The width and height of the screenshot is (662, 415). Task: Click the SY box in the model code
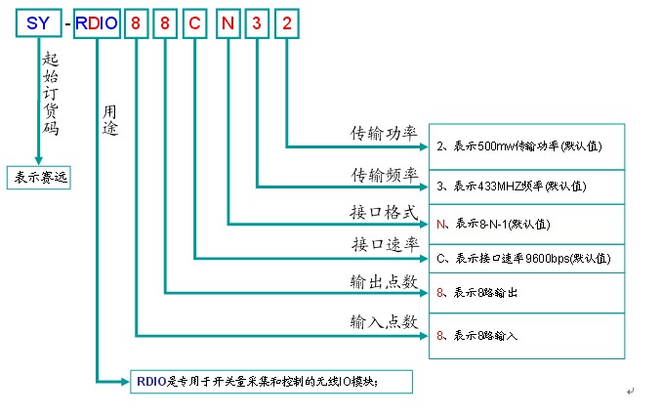click(x=38, y=21)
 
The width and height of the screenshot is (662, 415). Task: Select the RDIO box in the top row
click(x=98, y=21)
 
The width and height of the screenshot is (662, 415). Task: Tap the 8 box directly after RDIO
click(x=137, y=21)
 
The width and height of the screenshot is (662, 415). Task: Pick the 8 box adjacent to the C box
click(x=165, y=21)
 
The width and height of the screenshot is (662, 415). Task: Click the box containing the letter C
click(x=195, y=21)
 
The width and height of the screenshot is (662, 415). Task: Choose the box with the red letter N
click(x=228, y=21)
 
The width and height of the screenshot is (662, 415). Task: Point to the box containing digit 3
click(x=258, y=21)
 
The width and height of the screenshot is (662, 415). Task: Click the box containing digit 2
click(x=287, y=21)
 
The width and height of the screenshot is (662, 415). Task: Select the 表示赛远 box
click(x=39, y=178)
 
